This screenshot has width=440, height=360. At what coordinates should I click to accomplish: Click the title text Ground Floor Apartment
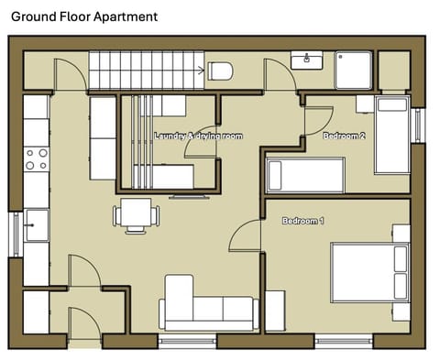[x=83, y=16]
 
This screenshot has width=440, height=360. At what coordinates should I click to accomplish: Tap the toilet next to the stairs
[x=221, y=71]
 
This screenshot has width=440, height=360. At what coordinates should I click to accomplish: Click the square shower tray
[x=354, y=70]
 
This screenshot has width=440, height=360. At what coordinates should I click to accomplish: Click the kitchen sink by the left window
[x=37, y=223]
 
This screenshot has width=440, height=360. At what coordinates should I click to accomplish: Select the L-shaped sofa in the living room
[x=207, y=306]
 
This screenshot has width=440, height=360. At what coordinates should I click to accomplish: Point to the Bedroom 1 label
[x=302, y=222]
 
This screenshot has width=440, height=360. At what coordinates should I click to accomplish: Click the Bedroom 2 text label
[x=344, y=136]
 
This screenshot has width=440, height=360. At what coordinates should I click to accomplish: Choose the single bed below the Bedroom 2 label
[x=305, y=174]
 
